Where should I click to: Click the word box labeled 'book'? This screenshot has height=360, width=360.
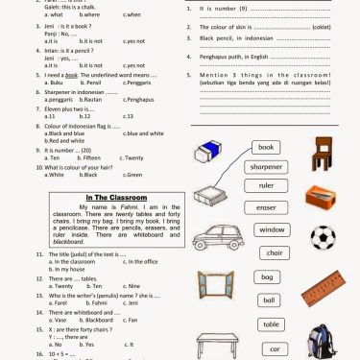[x=266, y=147]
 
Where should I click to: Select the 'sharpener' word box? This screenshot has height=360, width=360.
[x=266, y=166]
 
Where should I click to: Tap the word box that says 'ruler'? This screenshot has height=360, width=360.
[x=267, y=185]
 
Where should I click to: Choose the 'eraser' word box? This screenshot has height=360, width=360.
[x=267, y=207]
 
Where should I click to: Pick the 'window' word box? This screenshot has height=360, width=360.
[x=272, y=230]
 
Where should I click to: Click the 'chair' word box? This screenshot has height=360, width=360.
[x=275, y=253]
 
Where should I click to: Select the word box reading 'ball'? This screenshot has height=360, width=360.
[x=269, y=300]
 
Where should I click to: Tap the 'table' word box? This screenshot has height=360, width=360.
[x=272, y=324]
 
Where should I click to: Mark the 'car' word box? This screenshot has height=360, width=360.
[x=275, y=348]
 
